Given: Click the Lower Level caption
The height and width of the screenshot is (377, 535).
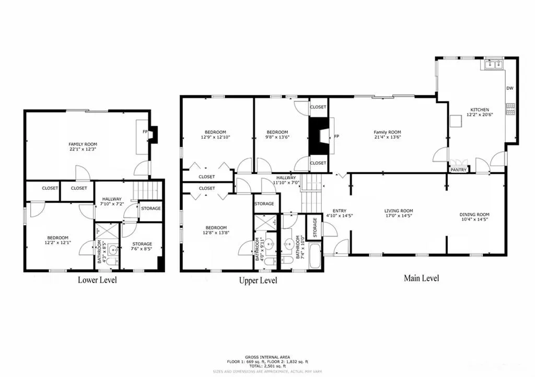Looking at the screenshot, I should pos(97,280).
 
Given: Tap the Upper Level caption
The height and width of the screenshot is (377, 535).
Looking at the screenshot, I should pos(258,281).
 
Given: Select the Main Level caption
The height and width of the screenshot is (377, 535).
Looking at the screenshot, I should pos(421,278).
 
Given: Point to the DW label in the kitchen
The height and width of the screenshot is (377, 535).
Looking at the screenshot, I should pos(509,89).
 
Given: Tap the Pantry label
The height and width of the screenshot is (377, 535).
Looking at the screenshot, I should pos(459,169).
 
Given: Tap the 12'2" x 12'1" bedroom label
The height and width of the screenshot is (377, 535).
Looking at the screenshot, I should pos(56,240).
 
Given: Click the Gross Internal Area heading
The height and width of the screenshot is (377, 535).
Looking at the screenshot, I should pos(267,357).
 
